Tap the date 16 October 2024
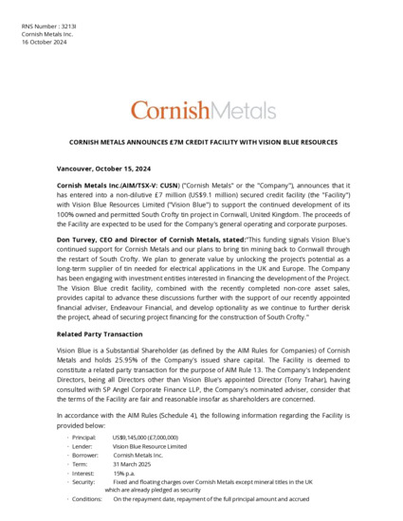pos(44,43)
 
